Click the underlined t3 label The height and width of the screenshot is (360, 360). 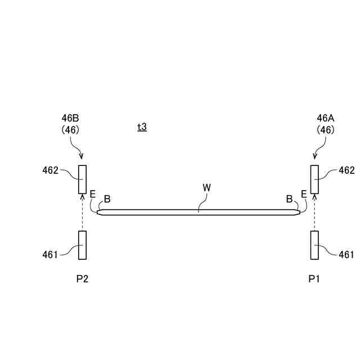pos(142,127)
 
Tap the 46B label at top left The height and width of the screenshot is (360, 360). pos(70,119)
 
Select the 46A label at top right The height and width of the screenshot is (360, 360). pos(326,119)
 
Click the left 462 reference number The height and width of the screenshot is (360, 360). pos(50,170)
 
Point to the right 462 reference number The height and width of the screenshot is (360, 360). pos(346,170)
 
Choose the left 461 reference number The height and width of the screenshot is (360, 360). pos(50,255)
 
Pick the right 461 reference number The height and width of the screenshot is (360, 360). pos(346,255)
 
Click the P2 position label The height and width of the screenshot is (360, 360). pos(82,279)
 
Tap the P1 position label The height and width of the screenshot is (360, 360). pos(314,279)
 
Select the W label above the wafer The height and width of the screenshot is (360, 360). pos(206,187)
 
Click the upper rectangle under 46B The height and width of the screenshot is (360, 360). pos(82,179)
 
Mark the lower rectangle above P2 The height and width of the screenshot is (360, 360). pos(82,245)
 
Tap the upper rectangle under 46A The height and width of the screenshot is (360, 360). pos(314,179)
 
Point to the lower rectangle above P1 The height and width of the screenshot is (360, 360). pos(314,245)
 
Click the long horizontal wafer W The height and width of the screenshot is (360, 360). pos(198,212)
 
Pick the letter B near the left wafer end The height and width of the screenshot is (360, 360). pos(107,199)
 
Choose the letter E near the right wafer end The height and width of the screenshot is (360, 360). pos(304,194)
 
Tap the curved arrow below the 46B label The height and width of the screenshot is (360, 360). pos(78,149)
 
